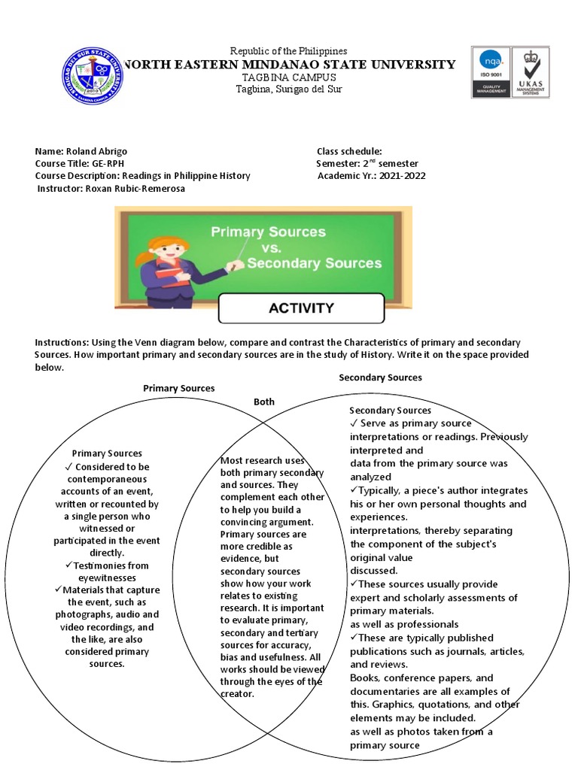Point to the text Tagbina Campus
(284, 78)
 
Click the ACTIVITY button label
(301, 308)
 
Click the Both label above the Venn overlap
(264, 402)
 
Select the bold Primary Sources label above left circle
(179, 388)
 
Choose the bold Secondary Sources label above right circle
(380, 377)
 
